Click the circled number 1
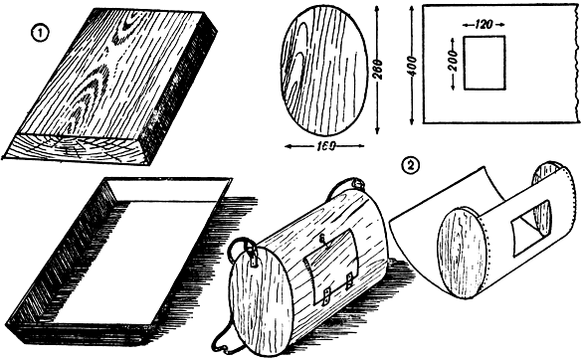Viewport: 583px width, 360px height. coord(40,35)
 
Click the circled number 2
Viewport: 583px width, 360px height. coord(411,165)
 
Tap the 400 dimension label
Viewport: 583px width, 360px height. coord(412,66)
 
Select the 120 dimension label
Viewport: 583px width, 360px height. coord(484,25)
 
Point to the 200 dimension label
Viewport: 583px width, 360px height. coord(453,61)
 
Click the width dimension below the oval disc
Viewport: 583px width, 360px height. coord(324,146)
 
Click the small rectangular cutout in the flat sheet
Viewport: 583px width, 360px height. coord(485,63)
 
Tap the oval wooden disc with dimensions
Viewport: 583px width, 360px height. coord(322,71)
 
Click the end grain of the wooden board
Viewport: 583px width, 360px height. coord(77,148)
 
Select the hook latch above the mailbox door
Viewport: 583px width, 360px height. coord(324,241)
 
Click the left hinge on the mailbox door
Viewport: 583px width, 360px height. coord(326,296)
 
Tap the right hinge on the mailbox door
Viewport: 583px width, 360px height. coord(349,280)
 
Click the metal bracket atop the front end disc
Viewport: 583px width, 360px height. coord(254,259)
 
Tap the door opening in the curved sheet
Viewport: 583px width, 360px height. coord(531,229)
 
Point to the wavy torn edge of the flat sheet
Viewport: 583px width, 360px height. coord(577,64)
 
